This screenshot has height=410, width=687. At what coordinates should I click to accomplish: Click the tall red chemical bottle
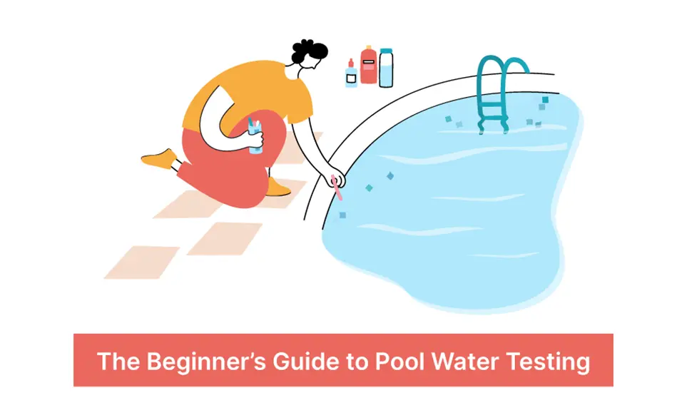[x=368, y=67]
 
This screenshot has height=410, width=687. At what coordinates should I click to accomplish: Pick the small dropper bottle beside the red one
[x=351, y=75]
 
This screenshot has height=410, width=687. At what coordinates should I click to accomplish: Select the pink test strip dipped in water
[x=340, y=190]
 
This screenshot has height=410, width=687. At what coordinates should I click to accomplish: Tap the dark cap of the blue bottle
[x=386, y=51]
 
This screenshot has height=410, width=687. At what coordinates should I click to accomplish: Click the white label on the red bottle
[x=369, y=63]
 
